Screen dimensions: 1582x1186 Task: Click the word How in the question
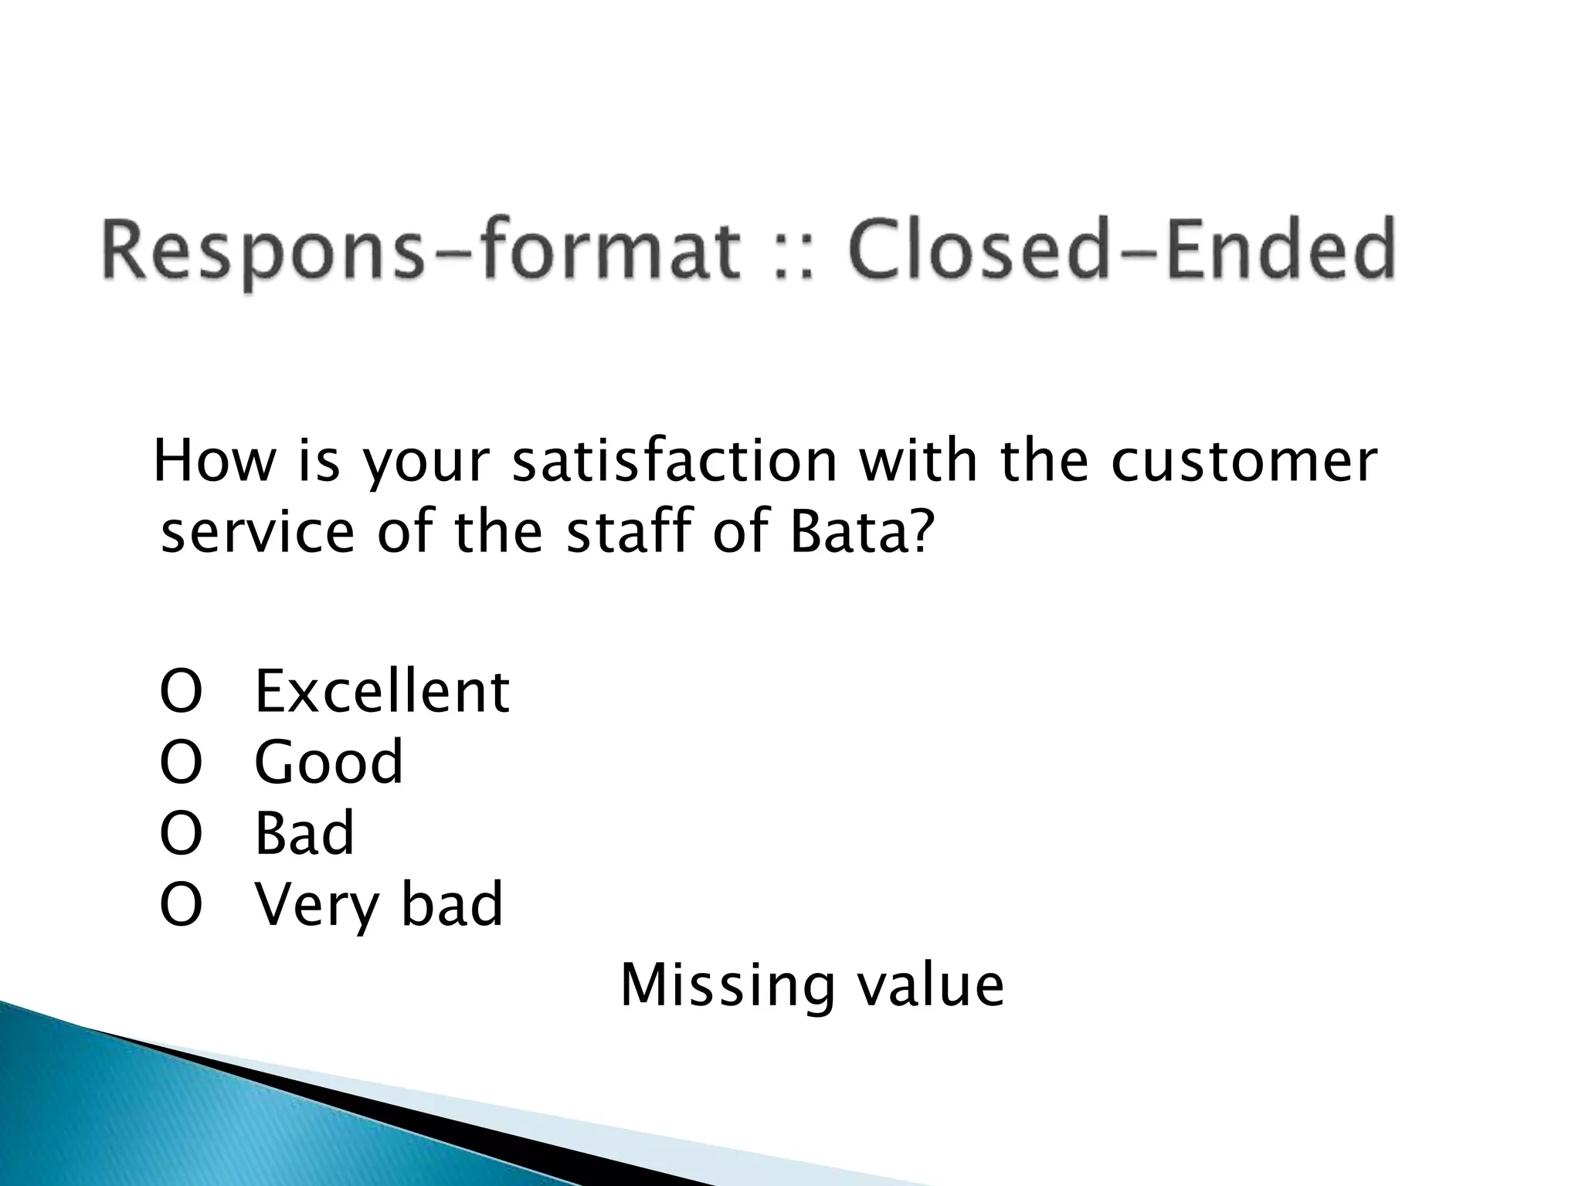(x=215, y=462)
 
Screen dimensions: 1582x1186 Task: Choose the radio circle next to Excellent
(x=181, y=692)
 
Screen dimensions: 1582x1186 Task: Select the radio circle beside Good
(x=181, y=763)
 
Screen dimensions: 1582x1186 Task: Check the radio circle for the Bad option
(x=181, y=835)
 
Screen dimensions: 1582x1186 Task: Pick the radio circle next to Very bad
(x=181, y=906)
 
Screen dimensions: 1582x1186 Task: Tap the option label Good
(x=328, y=763)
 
